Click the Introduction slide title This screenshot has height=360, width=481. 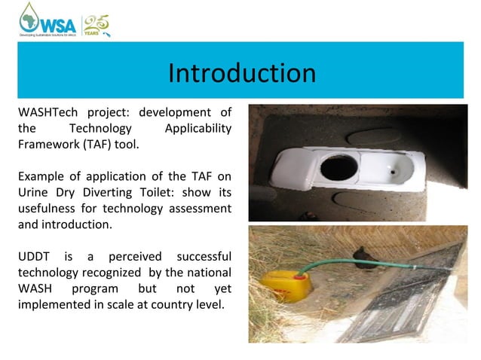coord(241,73)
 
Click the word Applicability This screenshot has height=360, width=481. coord(198,128)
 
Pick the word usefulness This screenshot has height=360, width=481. coord(49,209)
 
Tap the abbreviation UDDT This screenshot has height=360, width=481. coord(33,257)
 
